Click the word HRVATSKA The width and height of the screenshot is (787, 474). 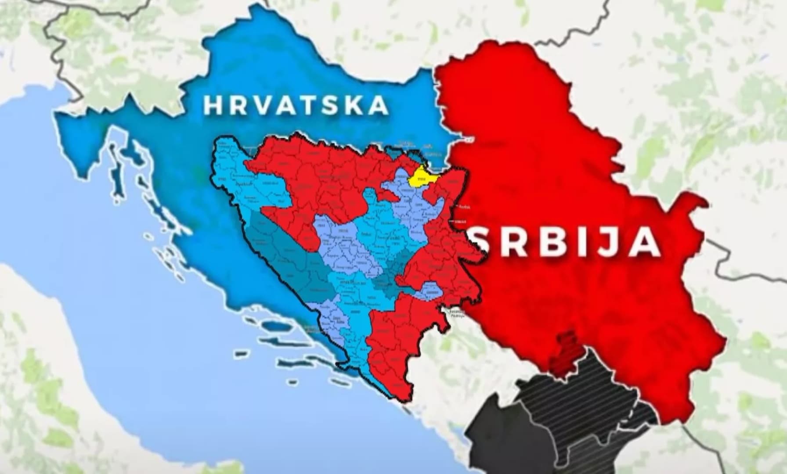coord(296,105)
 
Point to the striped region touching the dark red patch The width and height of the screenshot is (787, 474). coord(593,395)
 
